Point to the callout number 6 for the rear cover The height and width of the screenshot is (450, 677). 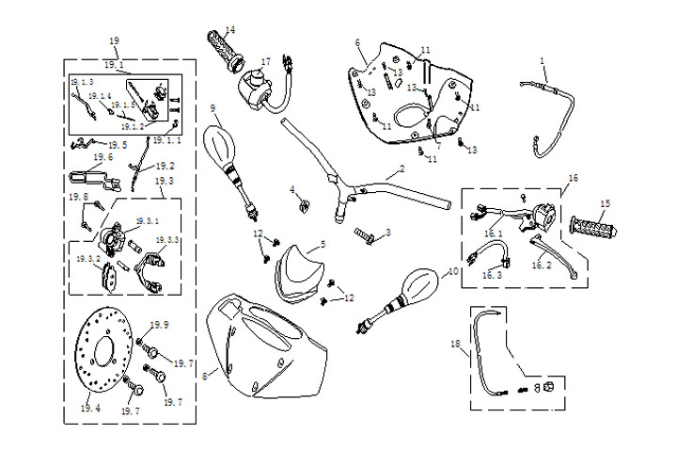358,42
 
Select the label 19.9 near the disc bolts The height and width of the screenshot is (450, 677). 160,325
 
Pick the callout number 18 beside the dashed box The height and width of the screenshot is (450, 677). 456,346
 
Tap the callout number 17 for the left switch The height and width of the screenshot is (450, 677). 266,62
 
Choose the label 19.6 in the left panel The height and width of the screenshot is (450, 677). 103,157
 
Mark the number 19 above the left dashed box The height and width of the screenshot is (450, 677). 115,40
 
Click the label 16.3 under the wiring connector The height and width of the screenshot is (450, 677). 492,275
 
